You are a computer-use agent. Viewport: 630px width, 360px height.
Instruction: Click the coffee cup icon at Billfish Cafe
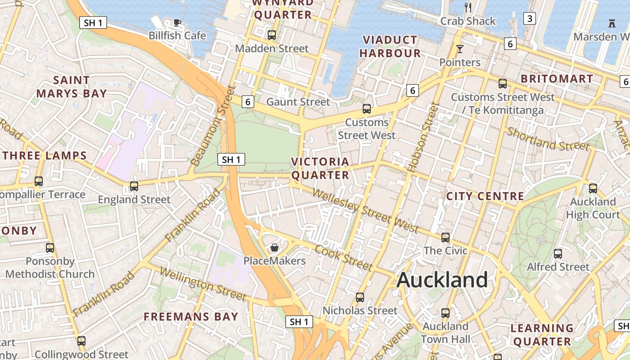click(x=177, y=22)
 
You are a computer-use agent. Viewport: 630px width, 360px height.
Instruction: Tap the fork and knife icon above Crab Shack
click(x=468, y=7)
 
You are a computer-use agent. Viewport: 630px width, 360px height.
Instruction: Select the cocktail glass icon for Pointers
click(x=459, y=49)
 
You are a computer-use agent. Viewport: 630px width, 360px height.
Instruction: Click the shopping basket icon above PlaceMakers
click(x=274, y=247)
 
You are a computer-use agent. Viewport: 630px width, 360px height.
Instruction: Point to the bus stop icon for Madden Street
click(x=271, y=35)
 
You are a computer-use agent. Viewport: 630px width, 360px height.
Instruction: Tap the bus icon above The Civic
click(x=445, y=237)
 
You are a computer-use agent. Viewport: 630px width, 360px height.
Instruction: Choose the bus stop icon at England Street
click(x=134, y=186)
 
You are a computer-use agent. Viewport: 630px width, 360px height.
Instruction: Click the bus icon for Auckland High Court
click(x=593, y=188)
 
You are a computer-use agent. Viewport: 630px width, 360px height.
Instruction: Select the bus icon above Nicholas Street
click(x=360, y=297)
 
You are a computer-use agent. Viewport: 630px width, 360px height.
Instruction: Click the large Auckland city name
click(x=442, y=280)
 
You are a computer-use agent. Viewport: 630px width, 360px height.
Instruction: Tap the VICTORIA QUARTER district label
click(x=320, y=168)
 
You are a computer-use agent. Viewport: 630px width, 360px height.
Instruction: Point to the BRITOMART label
click(x=557, y=79)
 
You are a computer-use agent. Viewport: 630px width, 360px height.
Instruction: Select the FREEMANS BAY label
click(x=190, y=317)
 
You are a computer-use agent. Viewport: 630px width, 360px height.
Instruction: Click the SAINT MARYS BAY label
click(x=72, y=87)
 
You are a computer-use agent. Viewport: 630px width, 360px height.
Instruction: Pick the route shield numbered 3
click(x=530, y=18)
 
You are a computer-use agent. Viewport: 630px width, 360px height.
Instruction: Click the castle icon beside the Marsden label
click(x=612, y=23)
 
